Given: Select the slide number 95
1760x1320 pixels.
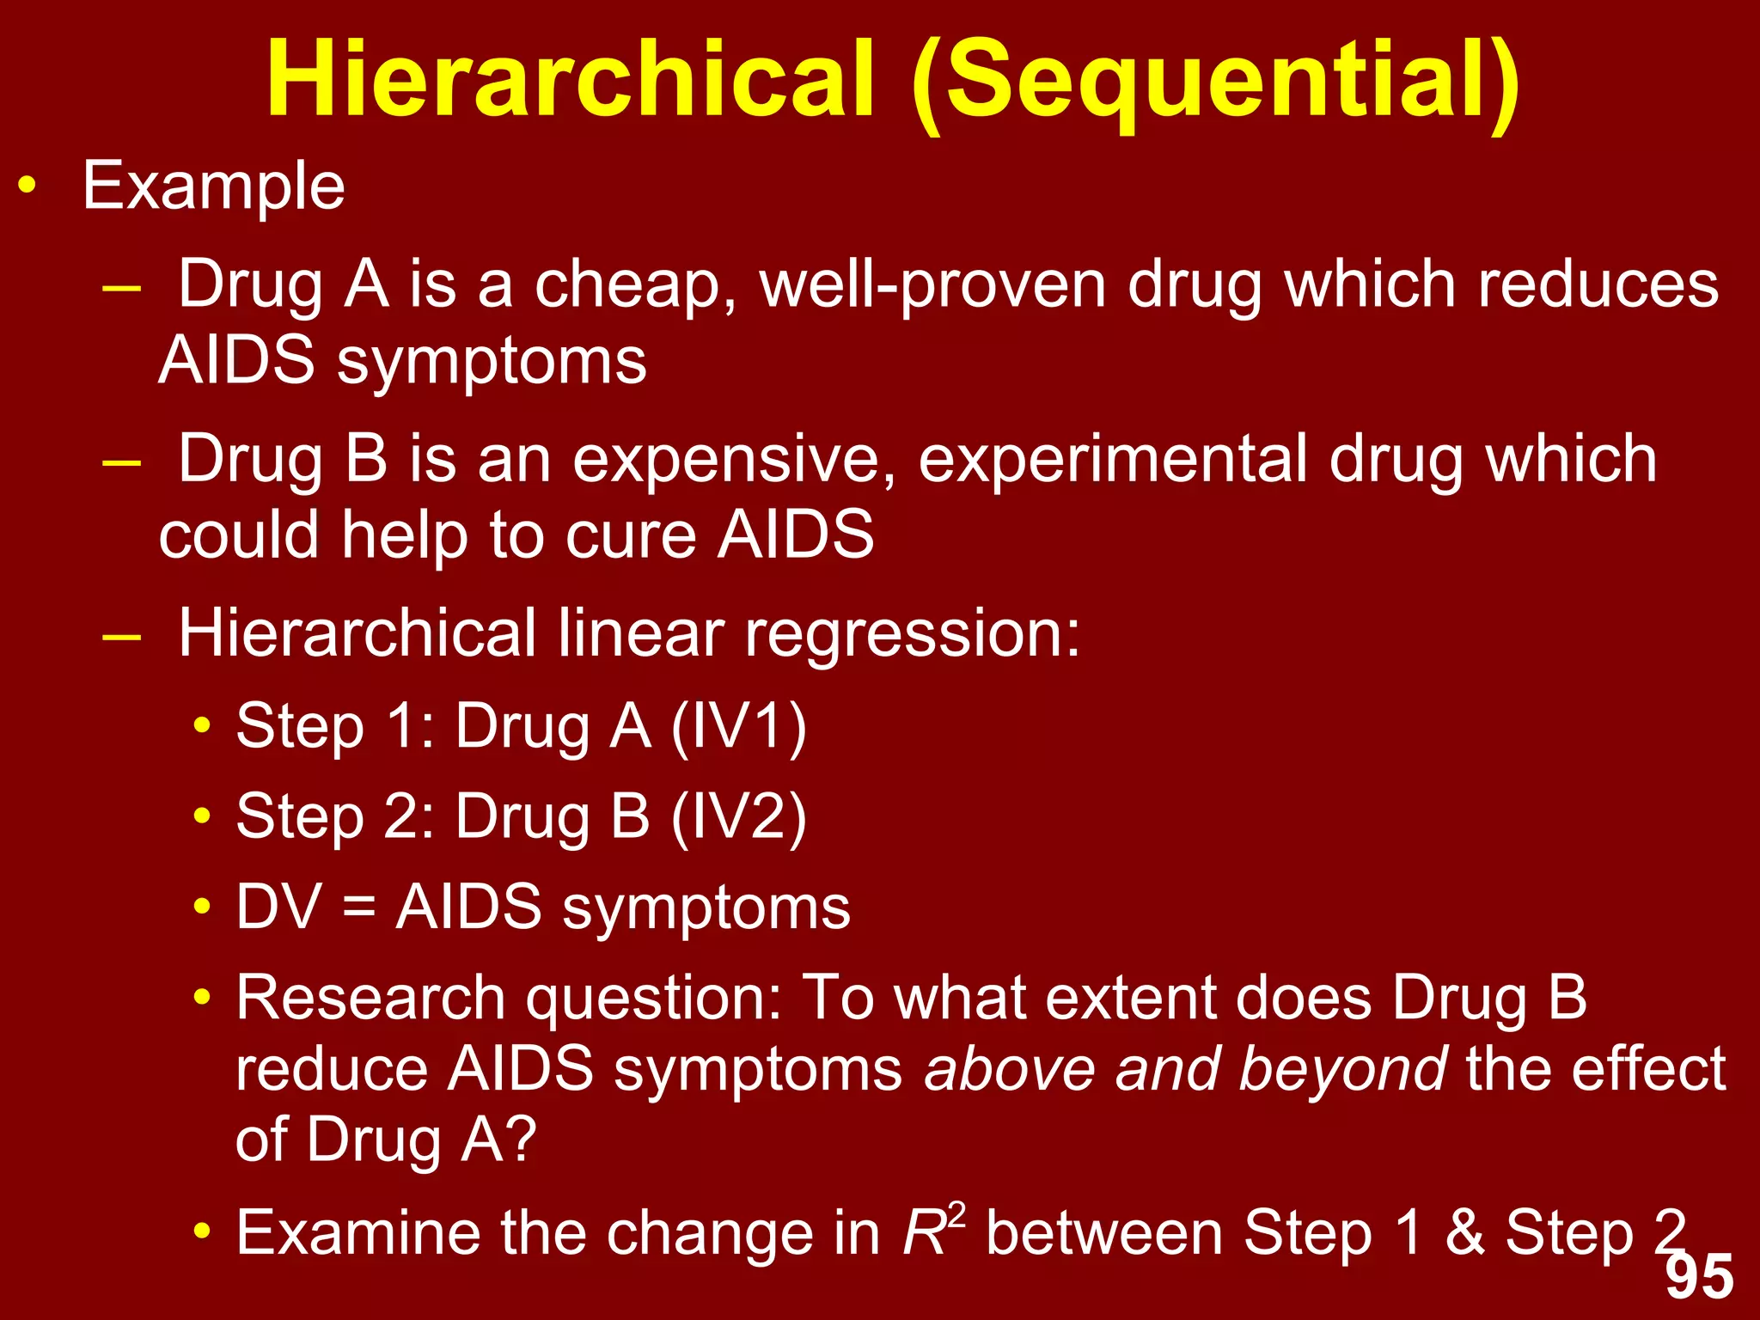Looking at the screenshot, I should [1699, 1277].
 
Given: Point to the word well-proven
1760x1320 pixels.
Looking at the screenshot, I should [933, 286].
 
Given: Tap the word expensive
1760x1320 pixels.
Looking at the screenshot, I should [735, 461].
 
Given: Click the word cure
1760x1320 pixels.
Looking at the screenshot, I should [631, 535].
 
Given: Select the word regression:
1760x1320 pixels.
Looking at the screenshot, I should [912, 634].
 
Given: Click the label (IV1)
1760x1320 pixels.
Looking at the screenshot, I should [738, 727].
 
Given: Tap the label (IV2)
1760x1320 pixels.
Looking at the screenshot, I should [738, 816].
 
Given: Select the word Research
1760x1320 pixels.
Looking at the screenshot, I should [370, 999].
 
